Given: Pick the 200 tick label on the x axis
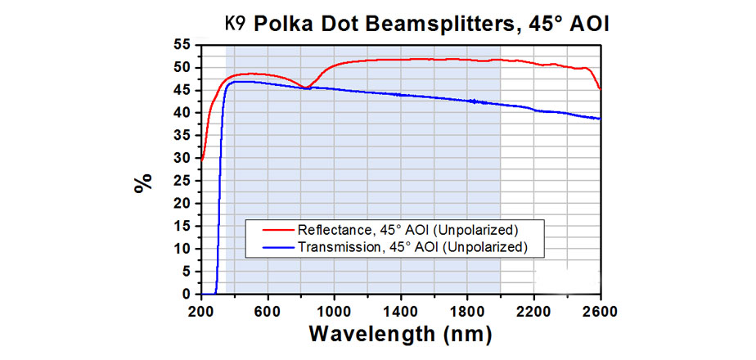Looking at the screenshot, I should coord(200,311).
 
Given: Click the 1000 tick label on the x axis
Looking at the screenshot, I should coord(334,311).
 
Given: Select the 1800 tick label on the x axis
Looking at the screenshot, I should coord(467,311).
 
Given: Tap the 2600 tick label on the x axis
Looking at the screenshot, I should coord(601,311).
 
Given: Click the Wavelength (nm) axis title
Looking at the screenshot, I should coord(400,335).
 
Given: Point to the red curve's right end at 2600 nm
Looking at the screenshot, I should coord(600,88).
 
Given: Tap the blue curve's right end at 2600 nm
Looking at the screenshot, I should coord(600,119).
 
